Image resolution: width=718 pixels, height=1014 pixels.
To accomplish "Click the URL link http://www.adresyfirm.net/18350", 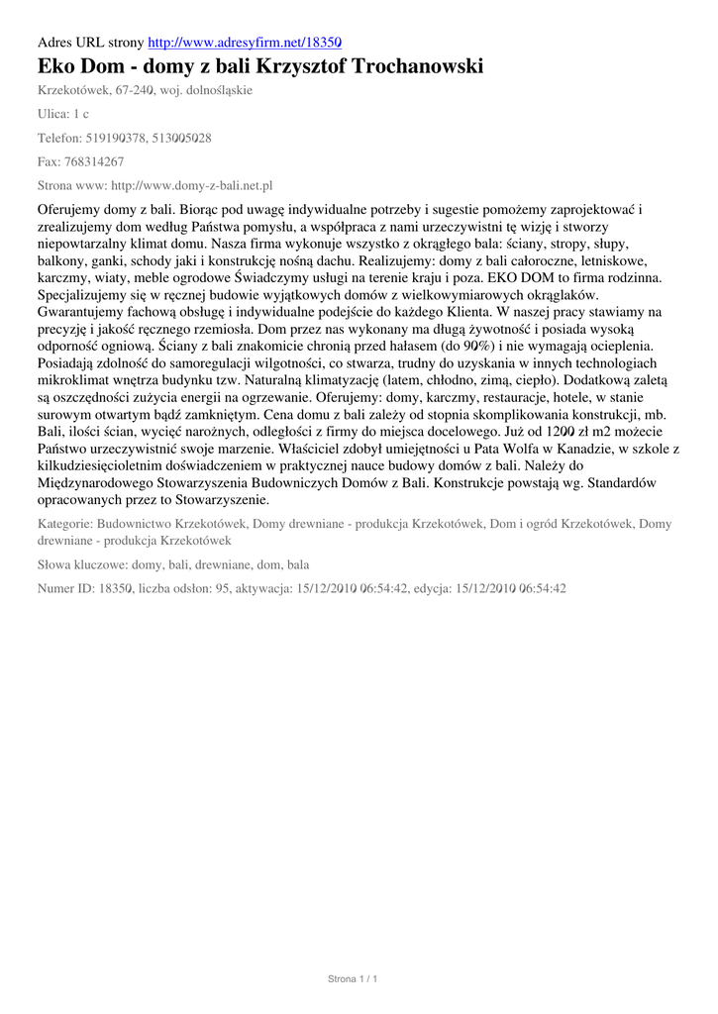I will click(x=245, y=43).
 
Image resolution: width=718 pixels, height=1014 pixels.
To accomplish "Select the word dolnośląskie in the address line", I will click(x=217, y=90).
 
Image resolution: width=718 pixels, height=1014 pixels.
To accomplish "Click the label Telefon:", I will click(x=61, y=138).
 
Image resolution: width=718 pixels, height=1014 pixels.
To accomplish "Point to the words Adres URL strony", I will click(x=90, y=43).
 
